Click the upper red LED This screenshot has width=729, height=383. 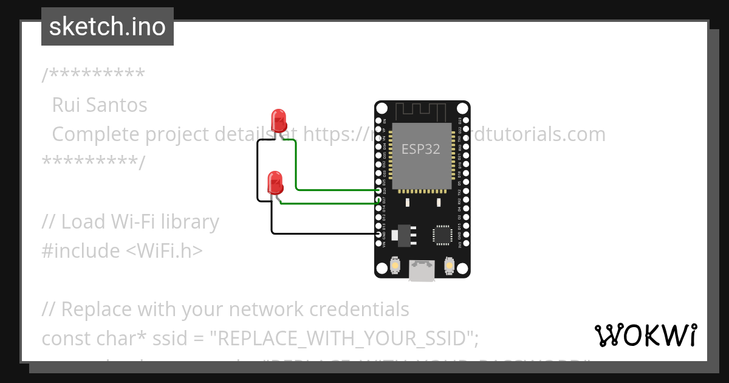pyautogui.click(x=279, y=120)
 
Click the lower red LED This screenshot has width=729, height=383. pyautogui.click(x=275, y=183)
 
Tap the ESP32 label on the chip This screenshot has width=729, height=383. pyautogui.click(x=420, y=148)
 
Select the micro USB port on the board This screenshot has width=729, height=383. pyautogui.click(x=422, y=270)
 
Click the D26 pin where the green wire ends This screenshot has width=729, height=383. pyautogui.click(x=379, y=190)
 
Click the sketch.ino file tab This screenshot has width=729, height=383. pyautogui.click(x=108, y=27)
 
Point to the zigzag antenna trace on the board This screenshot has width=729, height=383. pyautogui.click(x=422, y=112)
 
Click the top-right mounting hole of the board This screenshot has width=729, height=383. pyautogui.click(x=462, y=108)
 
